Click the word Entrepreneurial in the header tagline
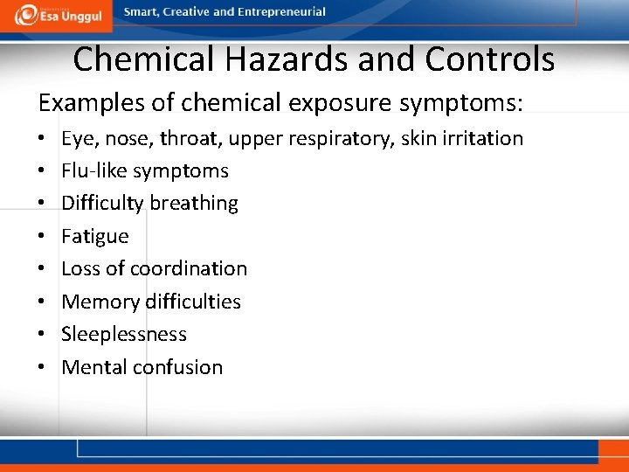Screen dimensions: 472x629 tap(283, 12)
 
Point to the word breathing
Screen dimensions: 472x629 tap(193, 204)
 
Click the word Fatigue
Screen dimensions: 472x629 tap(95, 237)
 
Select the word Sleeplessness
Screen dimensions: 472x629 tap(124, 334)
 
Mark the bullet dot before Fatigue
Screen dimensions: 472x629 tap(42, 237)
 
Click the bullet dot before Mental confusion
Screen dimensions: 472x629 tap(42, 367)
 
